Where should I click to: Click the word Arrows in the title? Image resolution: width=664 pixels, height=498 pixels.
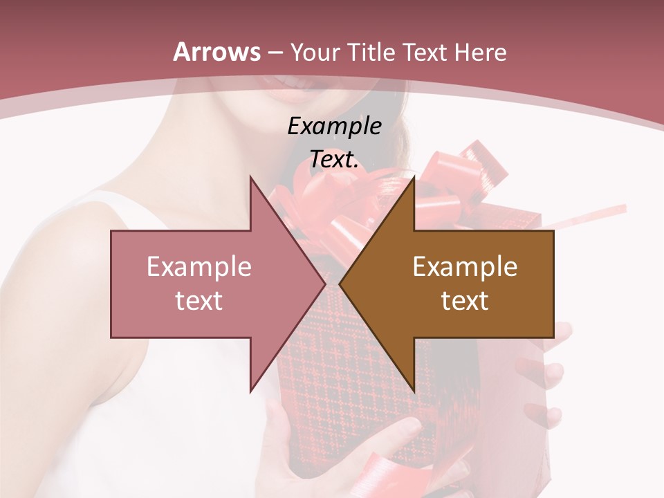(x=217, y=52)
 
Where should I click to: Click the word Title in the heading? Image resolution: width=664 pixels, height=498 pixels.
(x=369, y=52)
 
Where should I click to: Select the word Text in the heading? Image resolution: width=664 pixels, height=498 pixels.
(x=425, y=52)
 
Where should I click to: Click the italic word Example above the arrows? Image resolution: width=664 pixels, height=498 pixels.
(x=334, y=127)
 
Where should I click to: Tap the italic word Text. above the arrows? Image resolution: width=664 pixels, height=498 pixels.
(x=334, y=160)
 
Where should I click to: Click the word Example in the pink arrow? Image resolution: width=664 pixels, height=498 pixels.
(x=199, y=266)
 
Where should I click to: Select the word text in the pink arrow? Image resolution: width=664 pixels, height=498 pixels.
(x=199, y=300)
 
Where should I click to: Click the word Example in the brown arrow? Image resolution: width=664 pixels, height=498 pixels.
(x=465, y=266)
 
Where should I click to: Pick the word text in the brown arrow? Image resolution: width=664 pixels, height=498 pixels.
(x=465, y=300)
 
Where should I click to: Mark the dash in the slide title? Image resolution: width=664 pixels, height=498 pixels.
(x=274, y=53)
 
